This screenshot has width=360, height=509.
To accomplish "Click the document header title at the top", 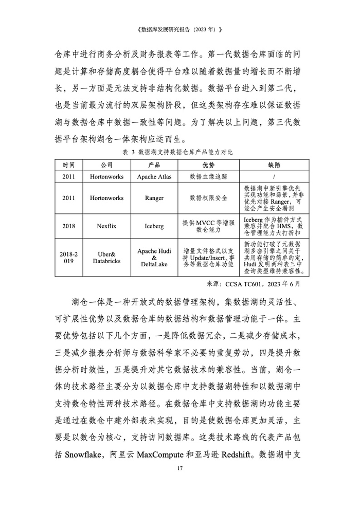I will pyautogui.click(x=179, y=29).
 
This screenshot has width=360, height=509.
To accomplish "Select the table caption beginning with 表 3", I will pyautogui.click(x=179, y=153).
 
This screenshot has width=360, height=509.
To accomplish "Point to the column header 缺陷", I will pyautogui.click(x=274, y=165).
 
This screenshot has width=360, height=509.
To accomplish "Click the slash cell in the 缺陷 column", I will pyautogui.click(x=274, y=176).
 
